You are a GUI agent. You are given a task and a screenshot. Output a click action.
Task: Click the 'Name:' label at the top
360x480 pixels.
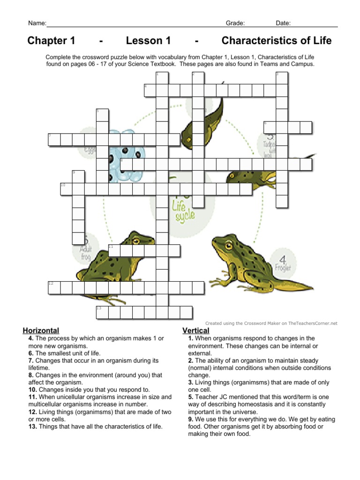37,23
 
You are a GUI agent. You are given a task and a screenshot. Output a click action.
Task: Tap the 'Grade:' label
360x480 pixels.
235,23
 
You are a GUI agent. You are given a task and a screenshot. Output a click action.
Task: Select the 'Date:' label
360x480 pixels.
283,23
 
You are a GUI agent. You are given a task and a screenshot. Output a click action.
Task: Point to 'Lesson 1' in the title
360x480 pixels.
148,41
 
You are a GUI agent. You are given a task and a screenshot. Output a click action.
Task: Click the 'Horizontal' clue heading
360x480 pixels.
41,330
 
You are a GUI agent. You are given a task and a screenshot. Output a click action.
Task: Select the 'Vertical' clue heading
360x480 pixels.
195,330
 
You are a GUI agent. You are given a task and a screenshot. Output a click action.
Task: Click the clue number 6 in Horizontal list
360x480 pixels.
31,353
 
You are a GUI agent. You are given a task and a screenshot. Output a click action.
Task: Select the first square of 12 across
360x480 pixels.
54,287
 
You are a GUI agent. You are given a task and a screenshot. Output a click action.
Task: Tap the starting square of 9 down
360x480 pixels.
78,177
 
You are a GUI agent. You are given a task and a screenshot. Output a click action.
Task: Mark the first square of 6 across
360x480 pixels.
270,127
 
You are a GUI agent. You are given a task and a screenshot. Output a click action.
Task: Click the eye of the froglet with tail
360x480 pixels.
229,245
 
